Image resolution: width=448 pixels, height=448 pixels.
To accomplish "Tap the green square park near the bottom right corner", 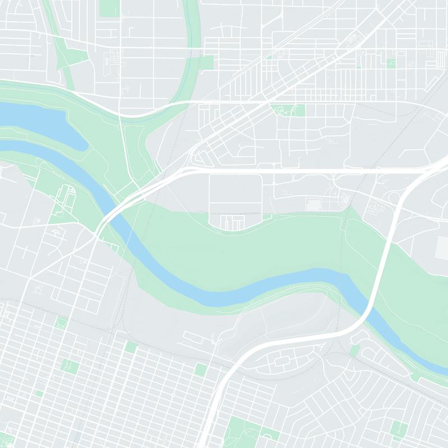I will click(399, 428).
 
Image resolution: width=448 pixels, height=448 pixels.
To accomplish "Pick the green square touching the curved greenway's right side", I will click(206, 62).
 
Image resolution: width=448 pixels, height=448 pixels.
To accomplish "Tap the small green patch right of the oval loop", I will click(354, 350).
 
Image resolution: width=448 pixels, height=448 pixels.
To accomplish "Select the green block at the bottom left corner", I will click(7, 440).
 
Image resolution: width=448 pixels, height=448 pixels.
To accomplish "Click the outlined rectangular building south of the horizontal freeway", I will click(314, 205).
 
